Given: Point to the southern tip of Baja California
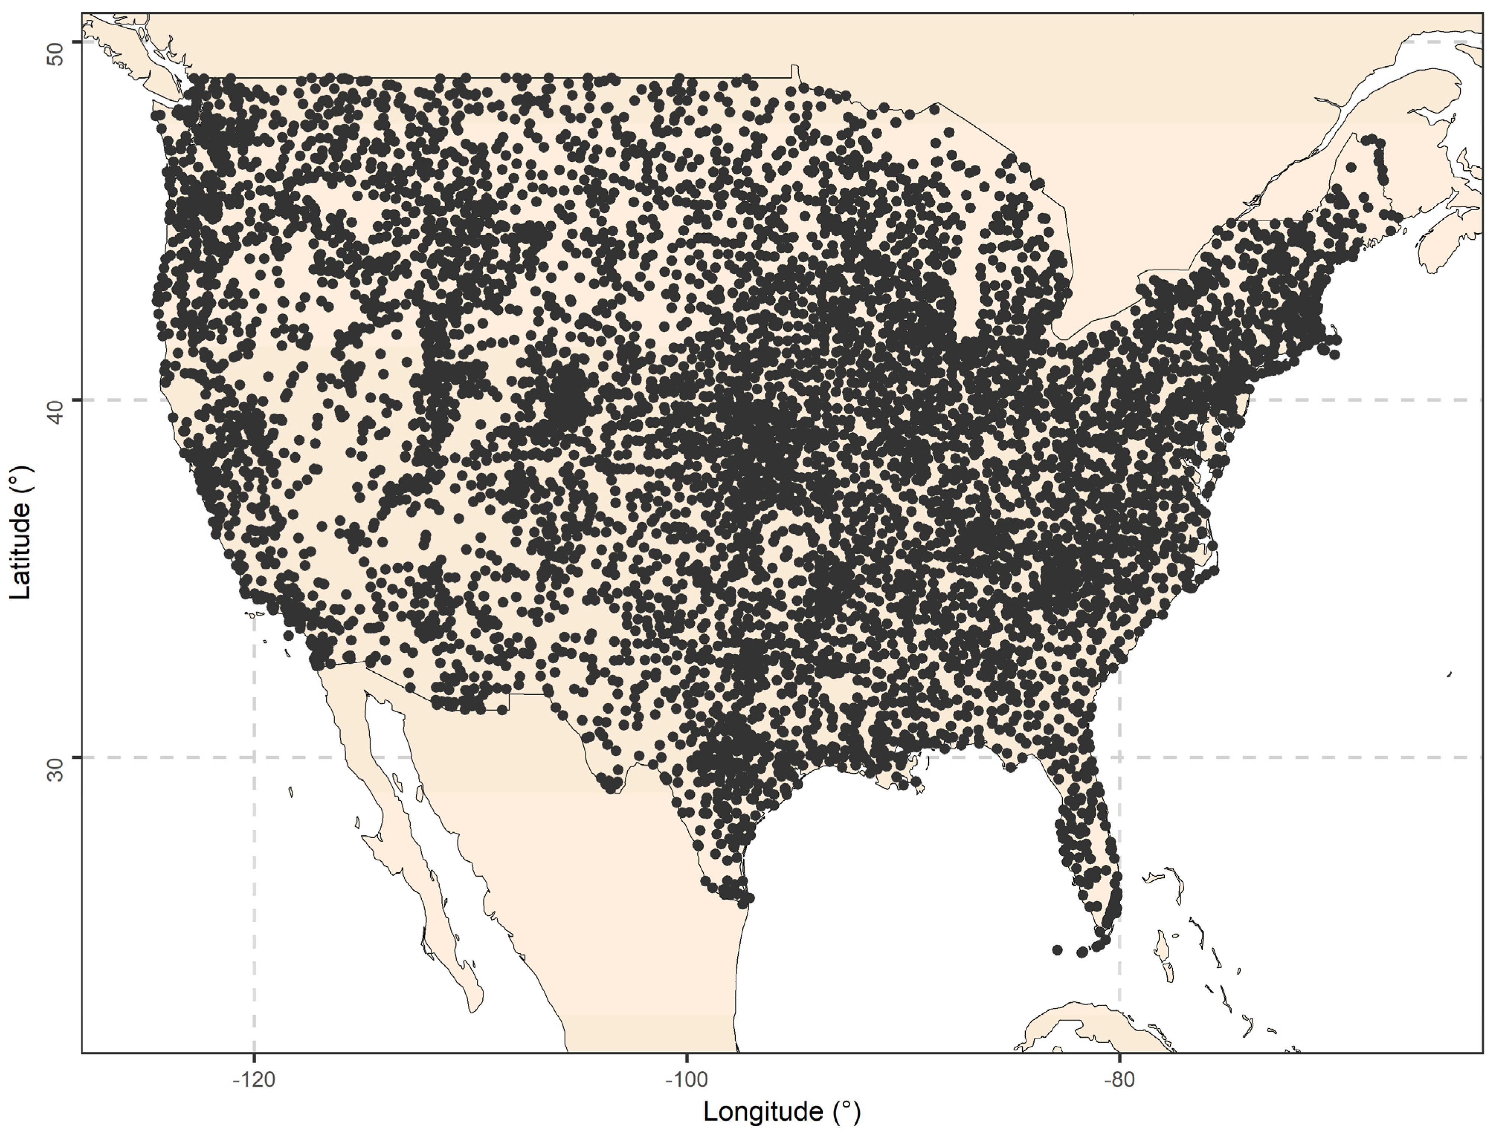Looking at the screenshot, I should (x=475, y=1008).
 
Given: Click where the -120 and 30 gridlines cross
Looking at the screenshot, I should (x=254, y=757).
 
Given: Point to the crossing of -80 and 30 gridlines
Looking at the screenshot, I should (x=1119, y=757).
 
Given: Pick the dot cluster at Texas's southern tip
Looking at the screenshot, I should (x=736, y=894).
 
